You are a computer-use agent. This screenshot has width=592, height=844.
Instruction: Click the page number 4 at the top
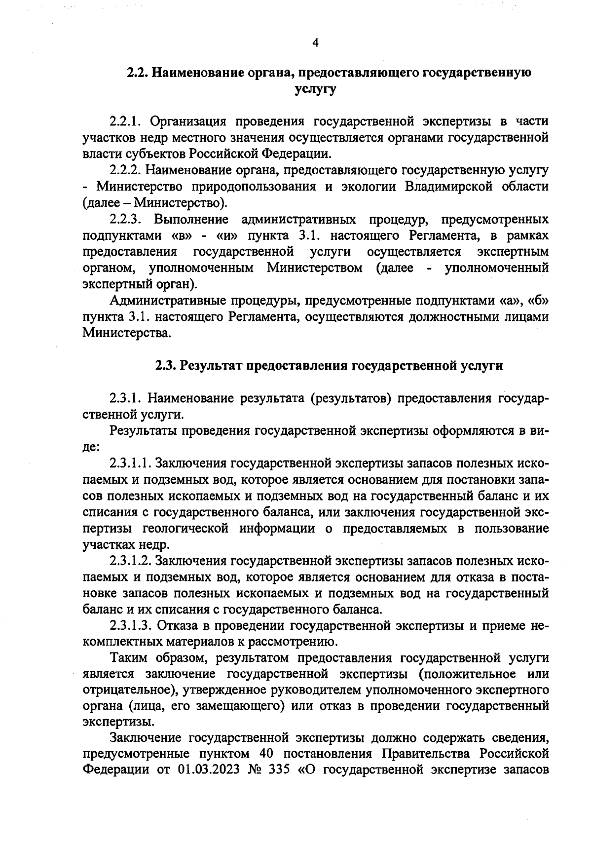click(x=316, y=42)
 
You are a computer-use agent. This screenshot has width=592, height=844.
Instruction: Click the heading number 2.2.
click(x=138, y=73)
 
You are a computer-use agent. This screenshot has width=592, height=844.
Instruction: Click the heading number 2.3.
click(x=166, y=366)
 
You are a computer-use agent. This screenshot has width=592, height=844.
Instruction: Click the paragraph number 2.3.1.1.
click(x=130, y=463)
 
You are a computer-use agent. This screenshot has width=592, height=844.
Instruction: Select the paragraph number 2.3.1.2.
click(x=130, y=561)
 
